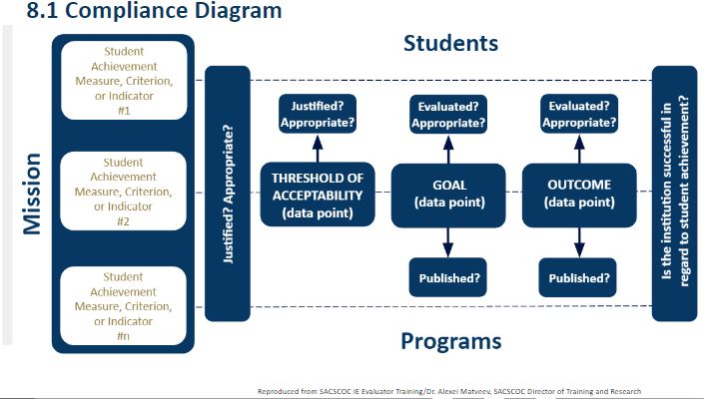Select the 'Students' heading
[449, 44]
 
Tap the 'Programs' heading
[450, 341]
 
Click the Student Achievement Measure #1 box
[124, 81]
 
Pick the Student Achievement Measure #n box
[124, 305]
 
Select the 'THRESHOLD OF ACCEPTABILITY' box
[317, 193]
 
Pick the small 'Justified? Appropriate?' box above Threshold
[317, 113]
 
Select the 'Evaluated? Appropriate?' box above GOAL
[449, 113]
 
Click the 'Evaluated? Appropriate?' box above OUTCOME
[579, 113]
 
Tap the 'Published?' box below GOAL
[449, 277]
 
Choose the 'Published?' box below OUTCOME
[579, 277]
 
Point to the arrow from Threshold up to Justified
[317, 149]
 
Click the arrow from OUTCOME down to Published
[579, 240]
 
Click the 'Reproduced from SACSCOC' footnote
[448, 391]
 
